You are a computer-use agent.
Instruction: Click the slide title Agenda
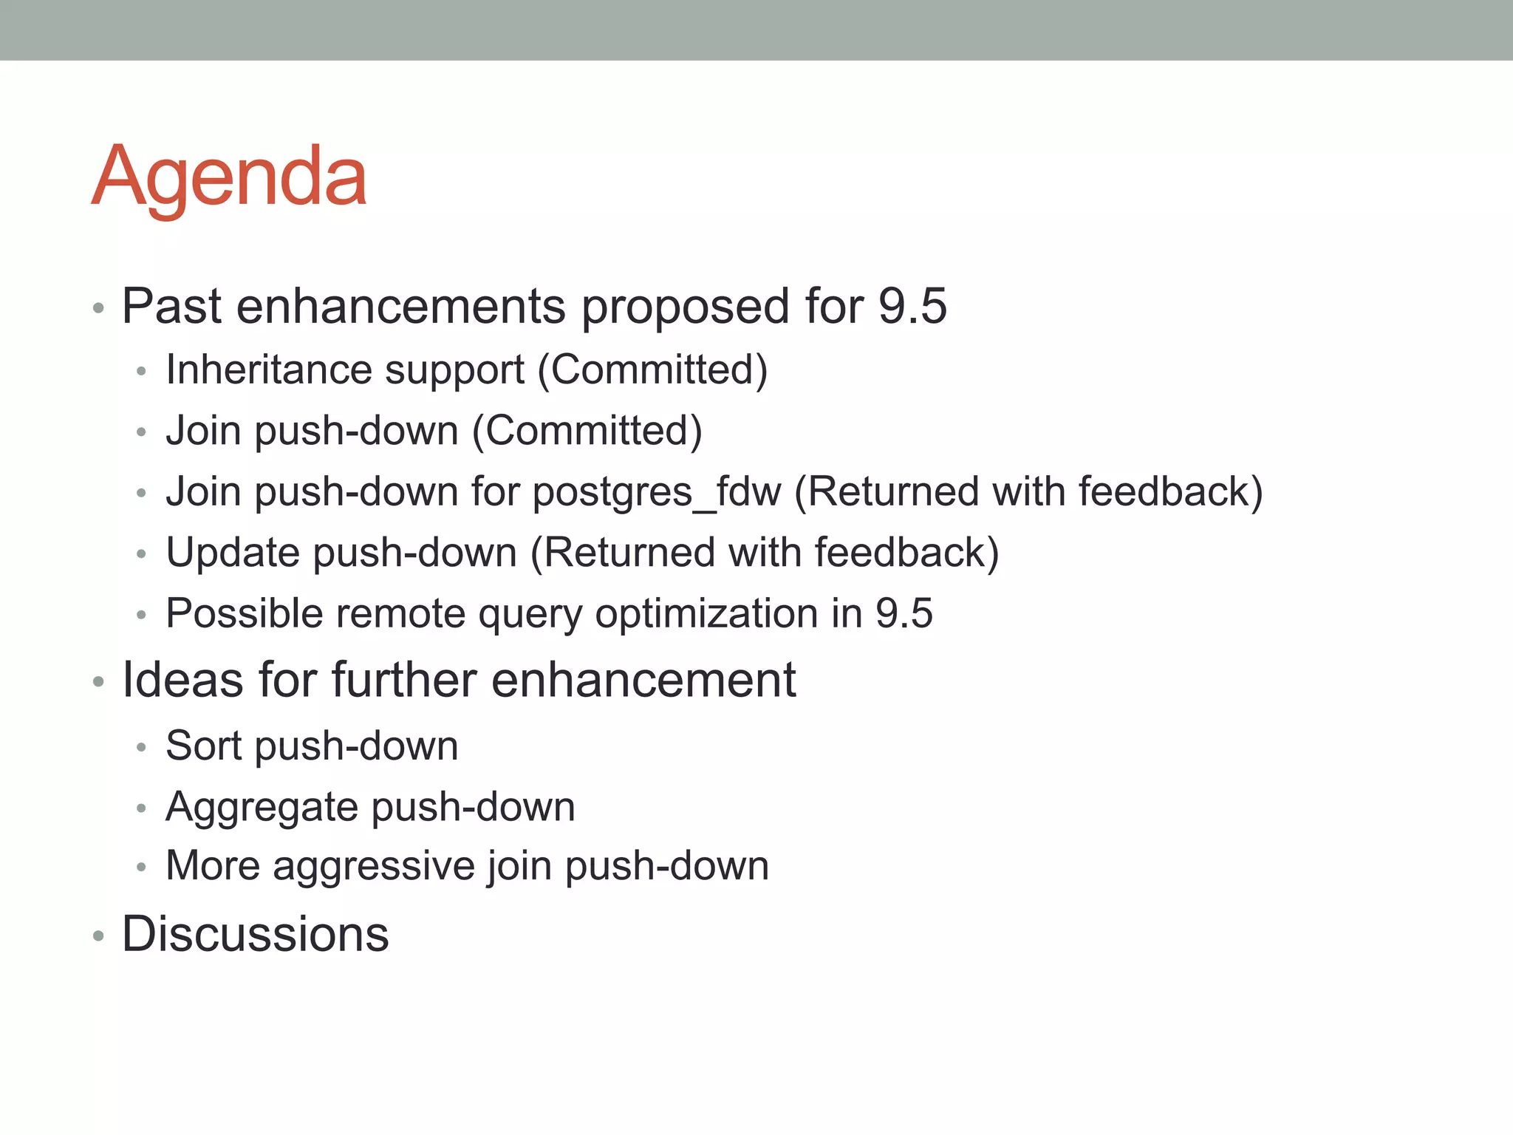click(229, 177)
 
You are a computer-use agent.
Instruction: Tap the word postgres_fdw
click(656, 493)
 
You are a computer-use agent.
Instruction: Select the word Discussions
click(255, 934)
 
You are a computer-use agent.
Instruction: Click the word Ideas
click(182, 680)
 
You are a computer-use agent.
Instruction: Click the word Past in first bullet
click(171, 306)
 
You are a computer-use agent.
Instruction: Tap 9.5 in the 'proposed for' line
click(912, 306)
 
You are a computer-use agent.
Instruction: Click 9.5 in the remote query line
click(904, 614)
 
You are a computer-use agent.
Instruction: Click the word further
click(403, 680)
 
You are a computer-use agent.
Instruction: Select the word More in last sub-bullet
click(212, 866)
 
